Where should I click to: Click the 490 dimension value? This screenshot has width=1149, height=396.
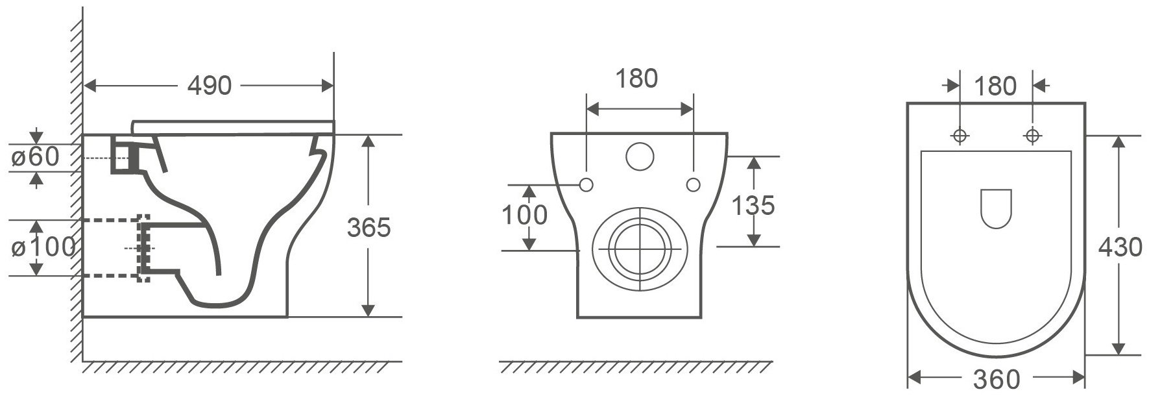(210, 85)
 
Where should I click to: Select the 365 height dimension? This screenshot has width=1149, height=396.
(369, 228)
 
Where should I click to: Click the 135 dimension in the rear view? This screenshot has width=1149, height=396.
(753, 205)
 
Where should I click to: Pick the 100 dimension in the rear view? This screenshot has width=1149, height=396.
(526, 215)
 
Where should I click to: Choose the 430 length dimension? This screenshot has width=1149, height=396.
(1120, 247)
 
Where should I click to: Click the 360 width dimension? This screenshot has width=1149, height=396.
(997, 378)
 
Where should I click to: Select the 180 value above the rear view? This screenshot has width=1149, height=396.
(636, 78)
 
